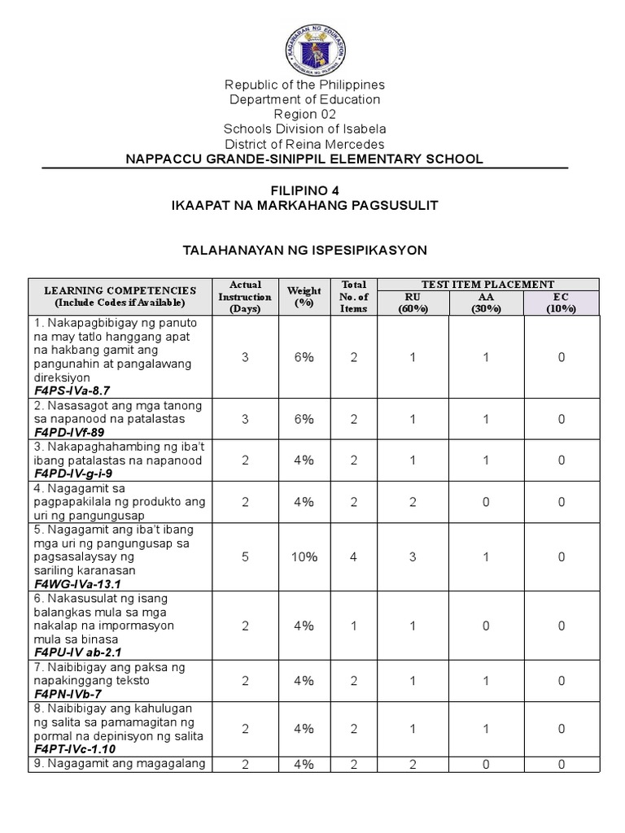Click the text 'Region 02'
tap(304, 114)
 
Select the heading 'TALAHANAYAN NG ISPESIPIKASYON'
tap(304, 250)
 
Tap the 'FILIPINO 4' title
tap(304, 190)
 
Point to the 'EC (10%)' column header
tap(562, 303)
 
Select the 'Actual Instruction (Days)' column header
tap(245, 297)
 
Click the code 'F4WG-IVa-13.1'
tap(77, 584)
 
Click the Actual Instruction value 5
tap(245, 557)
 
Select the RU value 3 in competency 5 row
tap(413, 557)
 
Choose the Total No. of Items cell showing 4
tap(354, 557)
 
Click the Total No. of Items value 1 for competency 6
tap(354, 626)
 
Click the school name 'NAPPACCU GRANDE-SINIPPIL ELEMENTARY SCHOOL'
tap(304, 159)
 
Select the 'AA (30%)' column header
tap(487, 303)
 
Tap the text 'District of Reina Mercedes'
tap(304, 144)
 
